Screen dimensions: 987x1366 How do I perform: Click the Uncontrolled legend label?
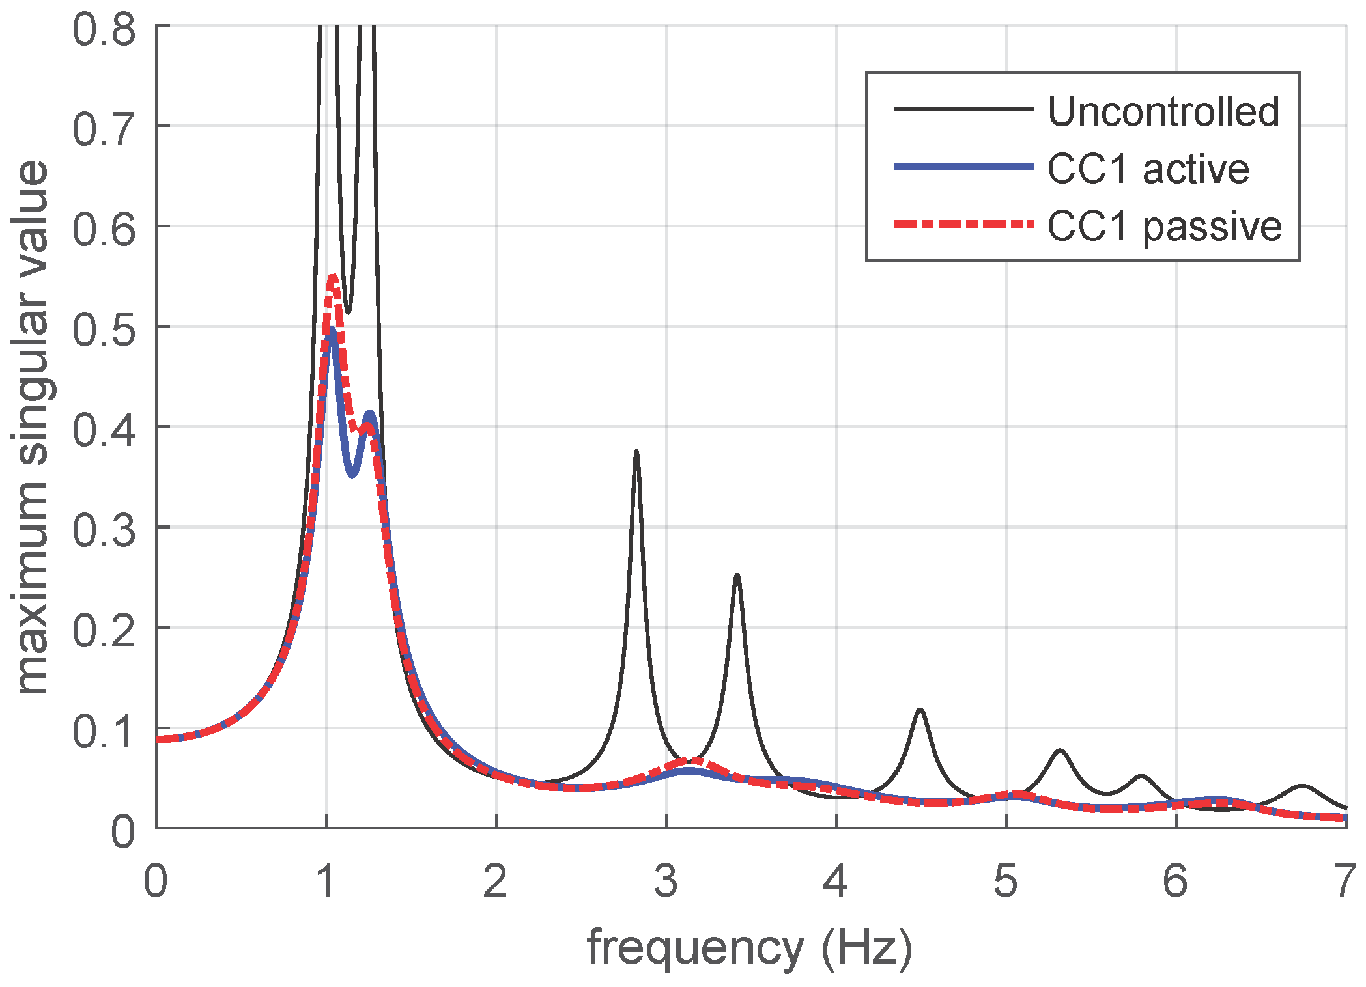[x=1163, y=111]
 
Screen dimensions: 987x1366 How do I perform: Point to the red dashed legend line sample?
[x=963, y=224]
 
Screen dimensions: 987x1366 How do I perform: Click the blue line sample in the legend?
[x=963, y=167]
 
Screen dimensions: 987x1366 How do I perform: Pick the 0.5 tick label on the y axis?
[x=104, y=329]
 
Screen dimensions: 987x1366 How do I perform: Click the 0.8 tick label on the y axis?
[x=104, y=30]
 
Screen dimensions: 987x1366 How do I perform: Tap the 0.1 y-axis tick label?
[x=104, y=731]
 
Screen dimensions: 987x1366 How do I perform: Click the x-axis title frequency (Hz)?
[x=750, y=948]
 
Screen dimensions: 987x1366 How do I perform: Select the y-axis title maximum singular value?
[x=33, y=427]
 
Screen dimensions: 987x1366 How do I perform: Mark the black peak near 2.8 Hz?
[x=636, y=451]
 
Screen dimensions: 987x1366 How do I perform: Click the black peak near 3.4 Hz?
[x=737, y=576]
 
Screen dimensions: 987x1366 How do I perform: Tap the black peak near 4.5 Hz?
[x=920, y=710]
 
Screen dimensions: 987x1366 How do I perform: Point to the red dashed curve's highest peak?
[x=333, y=277]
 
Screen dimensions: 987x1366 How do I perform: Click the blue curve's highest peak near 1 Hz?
[x=332, y=329]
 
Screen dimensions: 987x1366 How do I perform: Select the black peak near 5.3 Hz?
[x=1060, y=751]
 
